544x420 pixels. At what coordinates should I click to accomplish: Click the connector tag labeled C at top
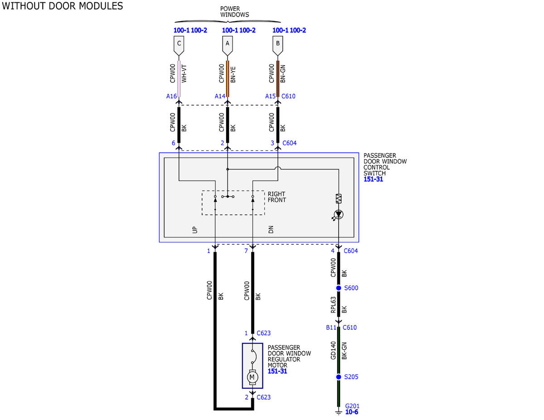coord(179,45)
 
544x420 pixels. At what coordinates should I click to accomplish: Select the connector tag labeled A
coord(227,45)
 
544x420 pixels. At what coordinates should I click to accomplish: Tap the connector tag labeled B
coord(277,45)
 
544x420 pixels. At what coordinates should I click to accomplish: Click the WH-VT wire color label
coord(184,74)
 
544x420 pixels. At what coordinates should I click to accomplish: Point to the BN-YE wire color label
coord(233,75)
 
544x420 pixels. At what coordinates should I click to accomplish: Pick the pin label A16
coord(171,97)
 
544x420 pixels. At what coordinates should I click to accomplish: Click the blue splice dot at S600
coord(339,288)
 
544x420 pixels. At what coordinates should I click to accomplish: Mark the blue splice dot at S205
coord(339,377)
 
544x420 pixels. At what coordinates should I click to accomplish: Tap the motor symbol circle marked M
coord(252,377)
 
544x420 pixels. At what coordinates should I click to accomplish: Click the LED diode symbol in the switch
coord(339,214)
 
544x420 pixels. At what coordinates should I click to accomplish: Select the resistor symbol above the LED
coord(339,198)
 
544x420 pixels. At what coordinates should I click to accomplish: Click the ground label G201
coord(352,406)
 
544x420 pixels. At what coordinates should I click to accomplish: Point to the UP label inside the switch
coord(195,230)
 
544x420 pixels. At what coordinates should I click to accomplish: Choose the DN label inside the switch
coord(271,230)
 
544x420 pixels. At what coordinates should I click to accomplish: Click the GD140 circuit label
coord(333,351)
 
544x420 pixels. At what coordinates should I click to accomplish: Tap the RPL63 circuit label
coord(333,305)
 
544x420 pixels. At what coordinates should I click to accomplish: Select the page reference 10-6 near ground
coord(351,412)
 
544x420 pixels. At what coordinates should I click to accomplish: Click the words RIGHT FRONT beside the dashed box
coord(277,197)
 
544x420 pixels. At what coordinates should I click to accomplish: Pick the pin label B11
coord(331,328)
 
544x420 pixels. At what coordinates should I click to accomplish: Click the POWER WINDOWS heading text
coord(234,12)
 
